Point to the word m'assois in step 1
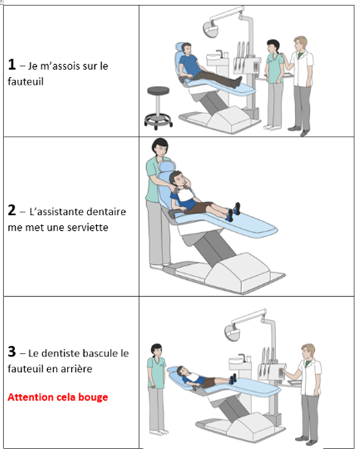coord(63,66)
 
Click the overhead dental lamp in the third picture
coord(234,329)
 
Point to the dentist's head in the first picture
coord(300,44)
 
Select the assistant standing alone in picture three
coord(156,387)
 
